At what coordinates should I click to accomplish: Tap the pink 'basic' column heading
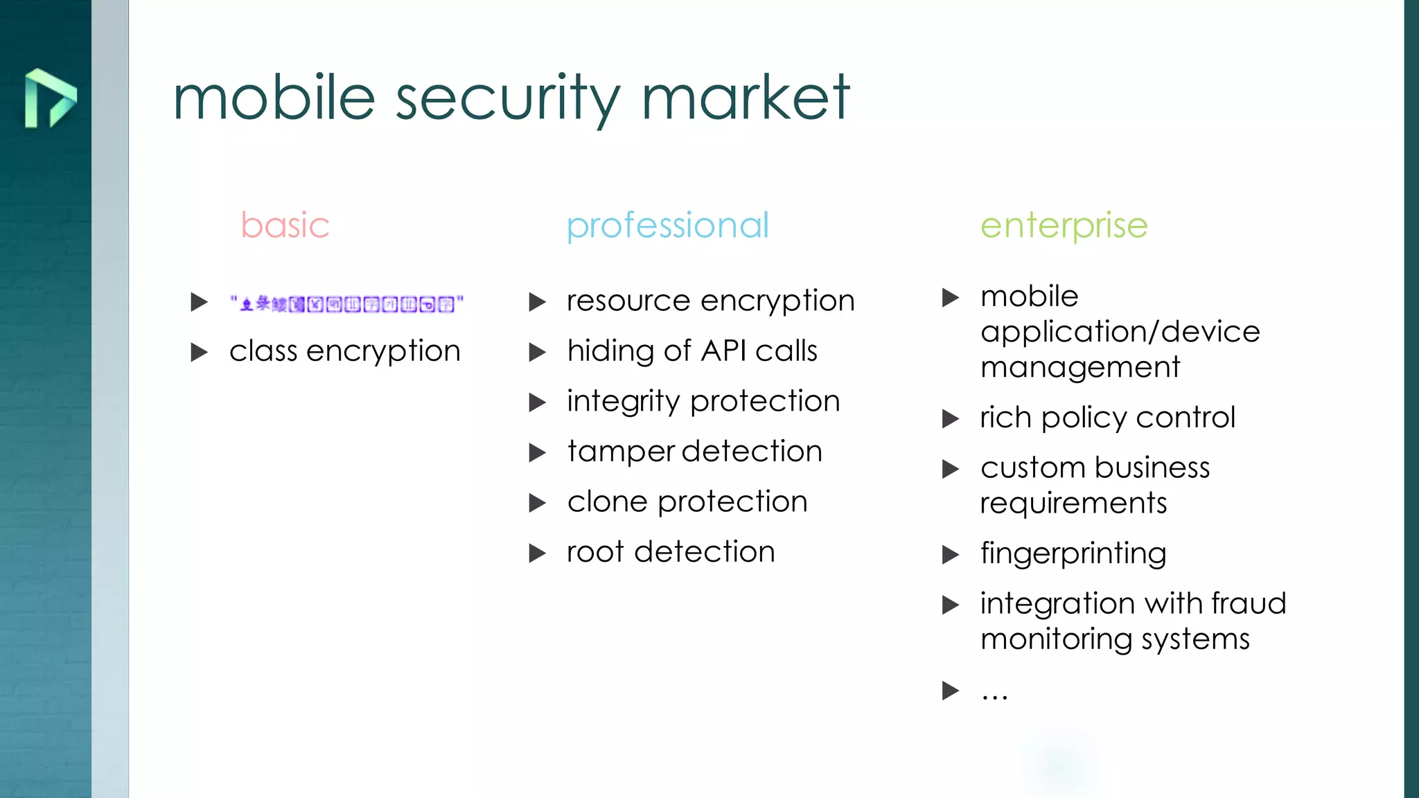285,225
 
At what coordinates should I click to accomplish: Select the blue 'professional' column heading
667,225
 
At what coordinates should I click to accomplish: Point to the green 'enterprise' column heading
1064,225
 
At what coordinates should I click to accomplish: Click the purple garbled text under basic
346,303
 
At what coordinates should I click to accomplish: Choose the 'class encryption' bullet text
344,351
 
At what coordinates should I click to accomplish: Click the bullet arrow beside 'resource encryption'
537,302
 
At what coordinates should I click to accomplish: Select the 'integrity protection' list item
703,402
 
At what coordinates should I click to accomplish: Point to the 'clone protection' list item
687,502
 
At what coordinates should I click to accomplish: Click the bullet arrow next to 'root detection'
537,553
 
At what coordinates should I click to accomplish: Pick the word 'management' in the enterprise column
1079,367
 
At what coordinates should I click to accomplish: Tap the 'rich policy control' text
1107,418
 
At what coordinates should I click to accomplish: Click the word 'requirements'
1073,504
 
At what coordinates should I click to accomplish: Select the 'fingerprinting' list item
1073,553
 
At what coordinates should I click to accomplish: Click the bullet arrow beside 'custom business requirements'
951,470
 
